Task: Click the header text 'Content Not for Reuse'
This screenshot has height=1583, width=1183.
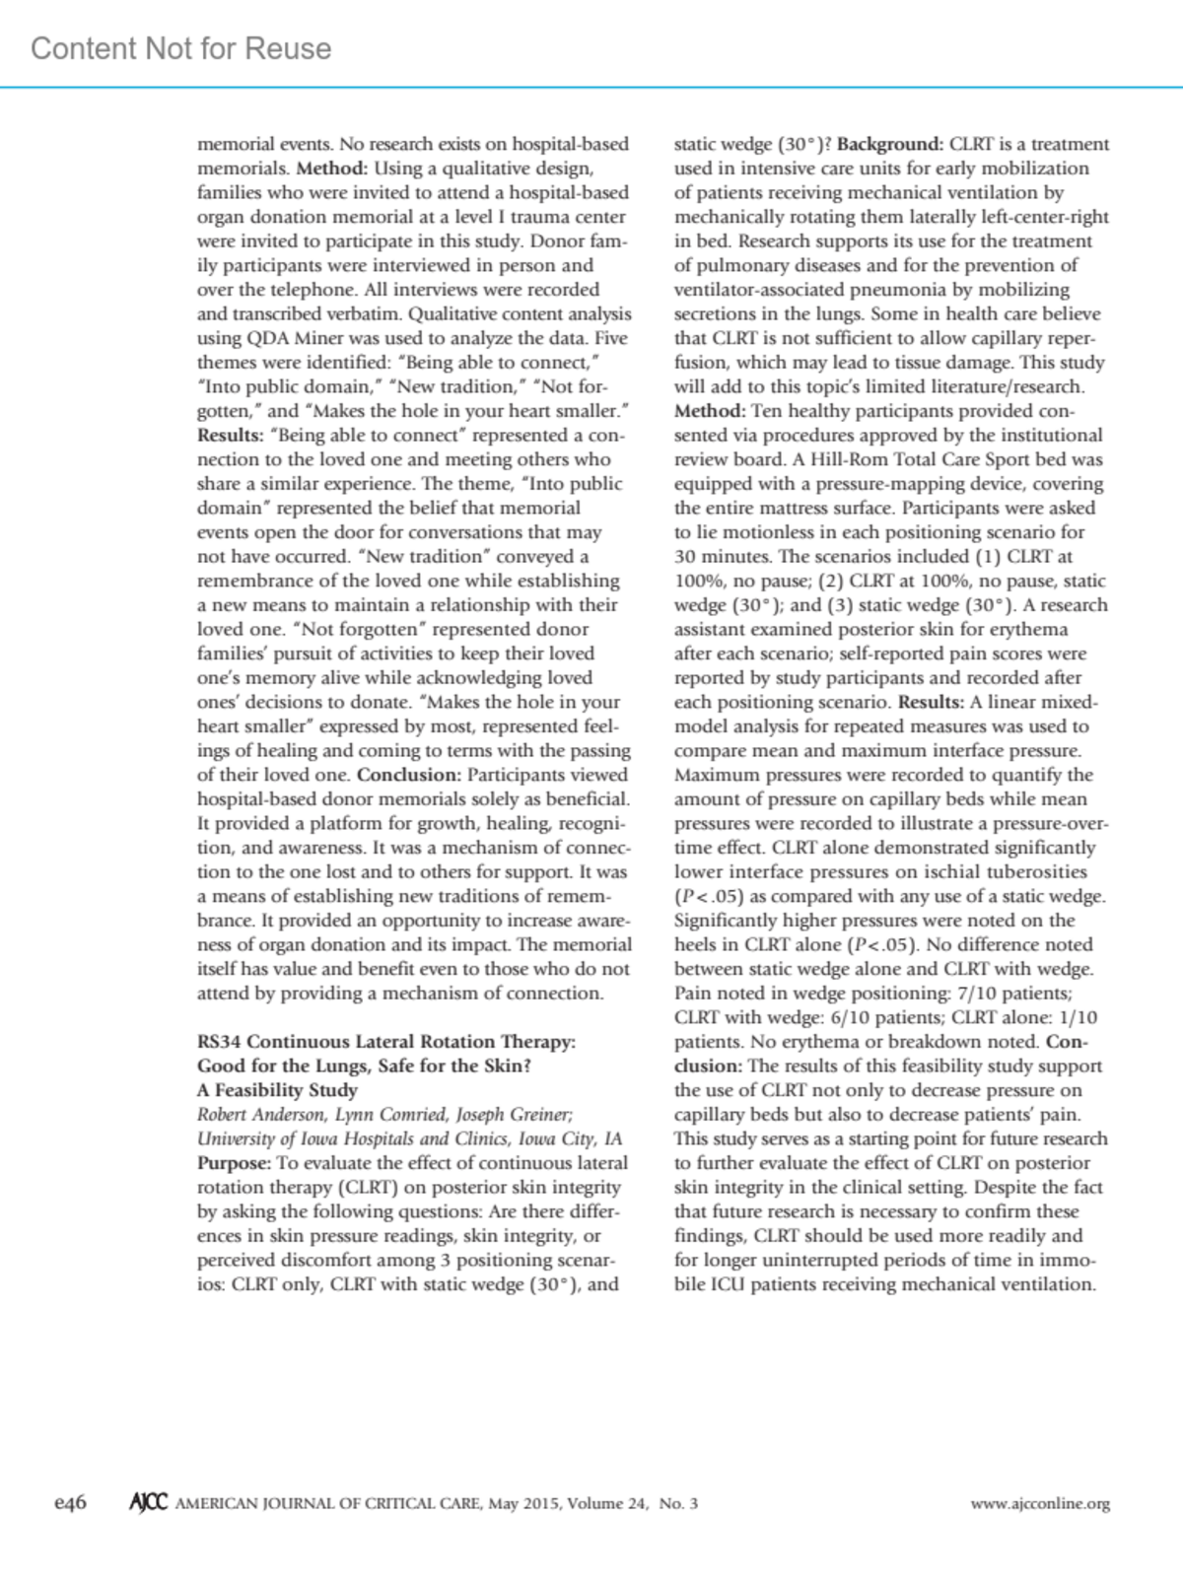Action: click(x=181, y=48)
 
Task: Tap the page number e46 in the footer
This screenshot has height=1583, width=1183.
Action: click(x=70, y=1503)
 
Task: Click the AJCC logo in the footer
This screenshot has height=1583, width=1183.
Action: click(x=148, y=1503)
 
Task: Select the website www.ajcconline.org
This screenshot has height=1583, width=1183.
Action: click(x=1040, y=1504)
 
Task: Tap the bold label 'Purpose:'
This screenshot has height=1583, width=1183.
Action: click(x=234, y=1163)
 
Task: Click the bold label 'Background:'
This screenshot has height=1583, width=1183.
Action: click(x=890, y=144)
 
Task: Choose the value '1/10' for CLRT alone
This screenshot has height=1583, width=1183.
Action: click(x=1078, y=1017)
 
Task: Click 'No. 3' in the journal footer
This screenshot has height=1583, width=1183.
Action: click(x=678, y=1504)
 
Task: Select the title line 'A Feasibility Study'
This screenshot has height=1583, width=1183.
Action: click(x=277, y=1090)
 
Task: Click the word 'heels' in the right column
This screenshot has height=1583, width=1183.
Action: click(x=696, y=944)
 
